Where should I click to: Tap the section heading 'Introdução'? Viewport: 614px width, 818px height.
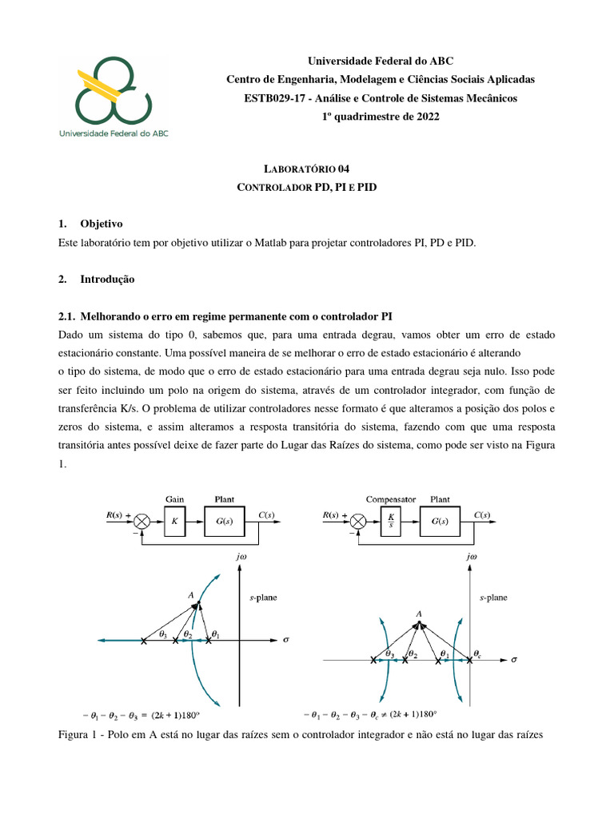coord(107,280)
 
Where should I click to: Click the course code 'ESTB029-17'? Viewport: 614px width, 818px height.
coord(270,97)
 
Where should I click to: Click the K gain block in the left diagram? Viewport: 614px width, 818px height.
coord(175,521)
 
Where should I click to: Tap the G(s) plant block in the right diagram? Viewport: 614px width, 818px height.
coord(434,521)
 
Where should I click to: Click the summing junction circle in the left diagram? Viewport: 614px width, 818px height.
coord(143,521)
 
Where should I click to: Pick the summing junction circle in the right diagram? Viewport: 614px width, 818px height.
coord(358,521)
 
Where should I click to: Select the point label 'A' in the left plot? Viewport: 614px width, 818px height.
coord(190,594)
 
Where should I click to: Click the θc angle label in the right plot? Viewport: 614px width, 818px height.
coord(477,652)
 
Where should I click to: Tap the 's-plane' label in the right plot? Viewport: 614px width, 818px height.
coord(493,597)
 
